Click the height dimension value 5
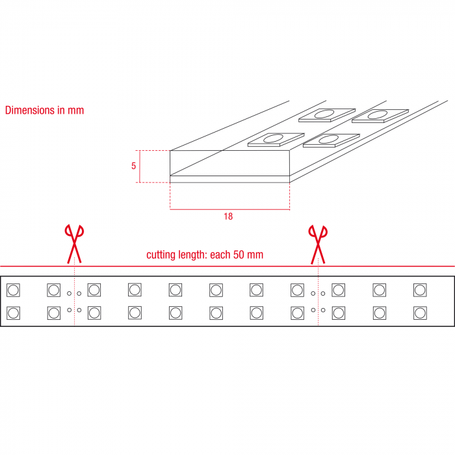point(133,166)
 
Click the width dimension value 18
point(228,216)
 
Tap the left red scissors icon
point(74,244)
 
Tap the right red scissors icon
point(318,244)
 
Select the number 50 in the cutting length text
point(239,255)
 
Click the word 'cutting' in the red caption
point(161,255)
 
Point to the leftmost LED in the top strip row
point(13,290)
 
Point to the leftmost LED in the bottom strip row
point(13,313)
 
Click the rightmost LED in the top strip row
point(420,290)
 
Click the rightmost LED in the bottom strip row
point(420,313)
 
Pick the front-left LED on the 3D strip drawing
point(276,140)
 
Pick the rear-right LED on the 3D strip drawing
point(380,116)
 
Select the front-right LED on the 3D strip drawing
point(331,140)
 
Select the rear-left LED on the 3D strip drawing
point(327,115)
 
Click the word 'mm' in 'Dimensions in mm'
point(76,110)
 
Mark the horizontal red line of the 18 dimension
point(230,209)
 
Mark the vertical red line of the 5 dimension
point(140,166)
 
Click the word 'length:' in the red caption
point(192,255)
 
